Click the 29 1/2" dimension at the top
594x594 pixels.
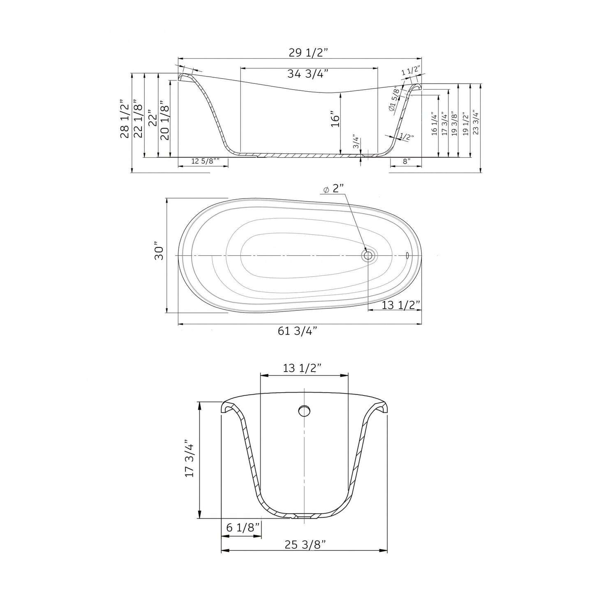308,53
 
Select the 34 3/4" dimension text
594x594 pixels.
308,74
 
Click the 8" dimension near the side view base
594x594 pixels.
407,162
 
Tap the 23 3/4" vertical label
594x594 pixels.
476,122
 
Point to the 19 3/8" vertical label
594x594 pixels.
454,122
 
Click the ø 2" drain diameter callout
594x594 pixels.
333,189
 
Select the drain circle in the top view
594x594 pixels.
368,255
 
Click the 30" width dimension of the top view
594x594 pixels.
159,253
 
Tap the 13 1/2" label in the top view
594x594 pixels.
400,305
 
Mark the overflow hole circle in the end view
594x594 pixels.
304,410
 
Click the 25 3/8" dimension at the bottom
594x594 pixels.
305,544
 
